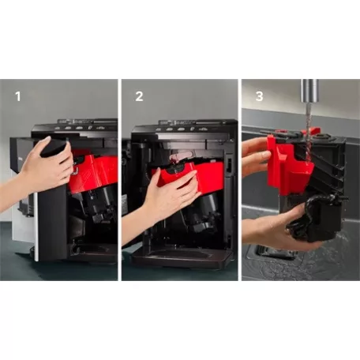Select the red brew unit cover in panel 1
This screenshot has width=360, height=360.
click(92, 170)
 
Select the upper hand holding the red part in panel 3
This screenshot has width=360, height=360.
click(254, 154)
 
